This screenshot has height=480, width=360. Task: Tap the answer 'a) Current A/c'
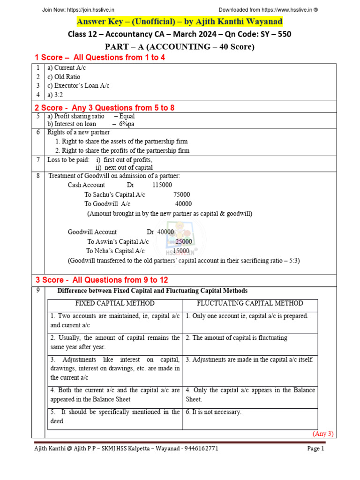[67, 68]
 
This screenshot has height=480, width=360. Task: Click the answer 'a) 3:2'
[56, 94]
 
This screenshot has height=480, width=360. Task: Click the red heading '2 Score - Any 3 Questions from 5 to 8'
[105, 108]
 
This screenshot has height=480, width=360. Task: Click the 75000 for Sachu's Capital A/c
[181, 195]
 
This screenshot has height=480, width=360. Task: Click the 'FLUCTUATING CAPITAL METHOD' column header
[250, 303]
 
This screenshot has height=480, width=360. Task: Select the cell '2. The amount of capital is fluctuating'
[236, 337]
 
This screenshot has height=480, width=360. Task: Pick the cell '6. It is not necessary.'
[213, 412]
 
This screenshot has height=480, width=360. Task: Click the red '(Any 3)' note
[323, 433]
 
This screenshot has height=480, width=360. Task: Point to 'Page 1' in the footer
[315, 449]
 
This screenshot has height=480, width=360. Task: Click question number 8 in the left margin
[38, 176]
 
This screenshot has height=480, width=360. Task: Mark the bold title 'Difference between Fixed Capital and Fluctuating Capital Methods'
[152, 291]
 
